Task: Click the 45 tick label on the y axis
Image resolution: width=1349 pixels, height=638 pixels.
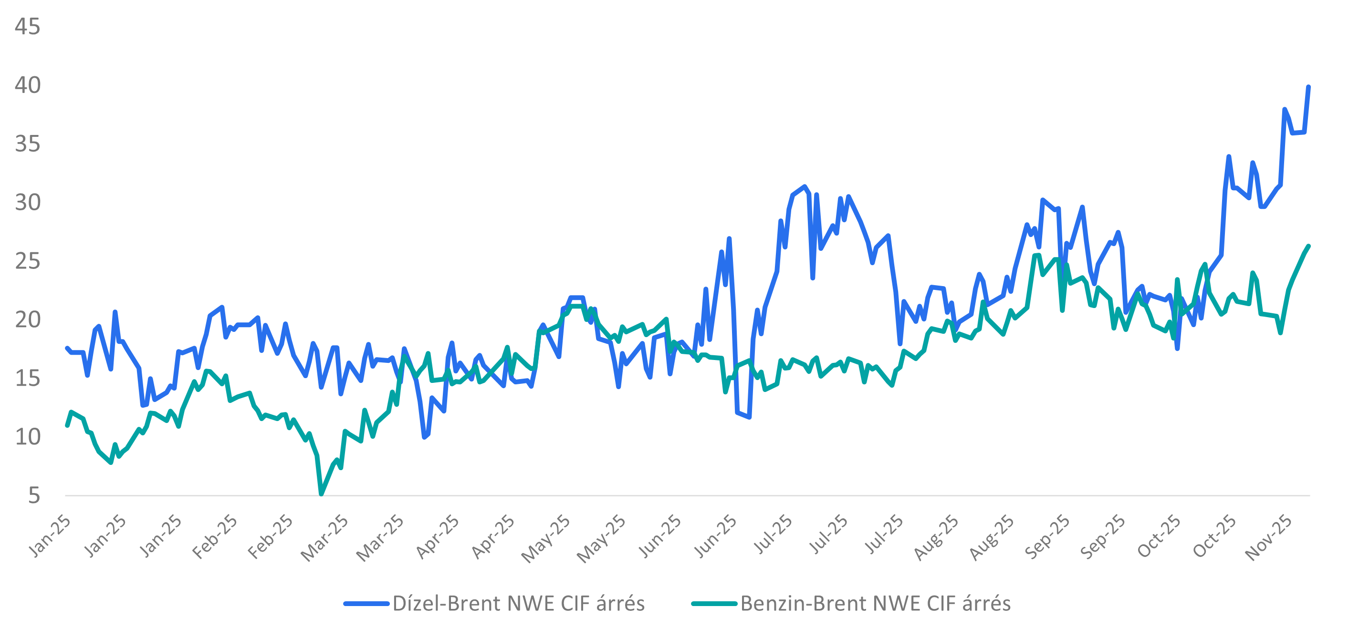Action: pos(27,27)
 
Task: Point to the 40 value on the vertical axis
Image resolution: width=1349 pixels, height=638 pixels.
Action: pos(27,85)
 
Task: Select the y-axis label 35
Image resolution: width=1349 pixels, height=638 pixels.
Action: pos(27,144)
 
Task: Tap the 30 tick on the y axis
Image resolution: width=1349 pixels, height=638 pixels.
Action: pos(27,203)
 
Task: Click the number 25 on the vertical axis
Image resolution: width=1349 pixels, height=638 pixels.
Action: pos(27,261)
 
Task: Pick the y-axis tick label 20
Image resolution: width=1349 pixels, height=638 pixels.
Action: pos(27,320)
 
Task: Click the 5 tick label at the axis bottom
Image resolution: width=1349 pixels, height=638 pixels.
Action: pos(33,495)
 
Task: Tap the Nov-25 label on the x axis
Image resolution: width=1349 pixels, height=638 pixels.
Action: pos(1268,537)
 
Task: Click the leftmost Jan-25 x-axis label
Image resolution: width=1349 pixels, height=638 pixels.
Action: pos(49,536)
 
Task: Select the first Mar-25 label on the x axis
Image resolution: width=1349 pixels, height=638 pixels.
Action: pos(324,538)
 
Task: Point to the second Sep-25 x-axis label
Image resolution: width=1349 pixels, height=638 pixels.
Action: pos(1103,537)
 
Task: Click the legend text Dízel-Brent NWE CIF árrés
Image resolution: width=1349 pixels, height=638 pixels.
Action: pos(518,604)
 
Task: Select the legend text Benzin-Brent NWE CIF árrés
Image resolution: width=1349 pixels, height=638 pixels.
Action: pos(875,604)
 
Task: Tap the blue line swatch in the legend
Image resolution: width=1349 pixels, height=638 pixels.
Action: pos(366,604)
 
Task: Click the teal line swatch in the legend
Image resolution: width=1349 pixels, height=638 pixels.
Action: pos(714,604)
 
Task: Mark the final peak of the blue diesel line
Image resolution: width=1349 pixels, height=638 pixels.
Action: pos(1308,87)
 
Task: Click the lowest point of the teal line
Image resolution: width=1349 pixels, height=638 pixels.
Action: pos(321,494)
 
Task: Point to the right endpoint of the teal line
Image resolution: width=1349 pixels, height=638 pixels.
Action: pos(1308,246)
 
